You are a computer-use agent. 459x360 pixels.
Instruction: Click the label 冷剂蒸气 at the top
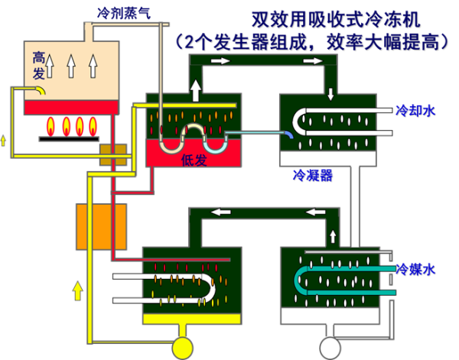(x=124, y=13)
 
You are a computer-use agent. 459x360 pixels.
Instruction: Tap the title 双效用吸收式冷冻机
(x=336, y=20)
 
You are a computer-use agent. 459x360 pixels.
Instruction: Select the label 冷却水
(x=415, y=111)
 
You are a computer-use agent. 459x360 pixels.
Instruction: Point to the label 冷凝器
(x=313, y=176)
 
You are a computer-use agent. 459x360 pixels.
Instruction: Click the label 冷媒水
(x=415, y=269)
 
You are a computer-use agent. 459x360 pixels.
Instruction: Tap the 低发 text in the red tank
(x=194, y=160)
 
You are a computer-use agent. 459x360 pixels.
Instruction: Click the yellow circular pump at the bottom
(x=182, y=348)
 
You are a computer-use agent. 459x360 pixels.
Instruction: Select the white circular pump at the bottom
(x=330, y=348)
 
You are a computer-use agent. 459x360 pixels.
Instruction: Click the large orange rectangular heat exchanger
(x=101, y=227)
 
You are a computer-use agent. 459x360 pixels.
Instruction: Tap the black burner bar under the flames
(x=69, y=139)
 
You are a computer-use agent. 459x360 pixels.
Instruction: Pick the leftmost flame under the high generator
(x=50, y=126)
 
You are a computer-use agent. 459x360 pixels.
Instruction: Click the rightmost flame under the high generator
(x=93, y=126)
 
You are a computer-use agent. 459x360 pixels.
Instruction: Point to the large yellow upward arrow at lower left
(x=77, y=290)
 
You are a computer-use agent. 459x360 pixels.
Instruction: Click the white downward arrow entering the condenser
(x=330, y=94)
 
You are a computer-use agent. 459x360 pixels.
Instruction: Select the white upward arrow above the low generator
(x=196, y=91)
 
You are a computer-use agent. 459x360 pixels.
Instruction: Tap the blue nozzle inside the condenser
(x=289, y=135)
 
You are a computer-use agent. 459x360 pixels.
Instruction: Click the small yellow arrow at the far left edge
(x=3, y=141)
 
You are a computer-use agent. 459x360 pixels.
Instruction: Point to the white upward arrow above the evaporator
(x=333, y=236)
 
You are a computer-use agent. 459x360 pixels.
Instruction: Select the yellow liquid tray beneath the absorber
(x=192, y=319)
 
